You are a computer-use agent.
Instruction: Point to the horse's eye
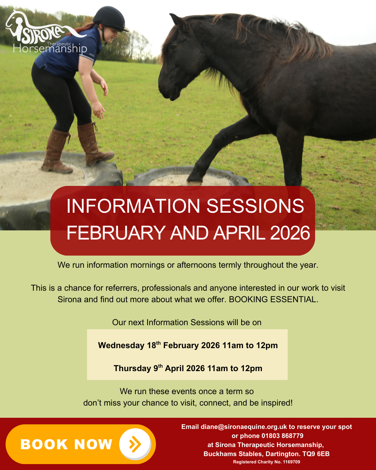(173, 47)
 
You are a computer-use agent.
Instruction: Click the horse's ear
(177, 21)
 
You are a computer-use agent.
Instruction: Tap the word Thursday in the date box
(132, 368)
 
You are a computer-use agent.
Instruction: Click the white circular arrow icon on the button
(135, 444)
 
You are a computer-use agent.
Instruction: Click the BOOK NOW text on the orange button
(66, 444)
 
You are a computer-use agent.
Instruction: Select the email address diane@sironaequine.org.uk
(244, 427)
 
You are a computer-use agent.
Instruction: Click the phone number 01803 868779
(282, 436)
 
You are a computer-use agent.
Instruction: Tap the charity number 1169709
(291, 462)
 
